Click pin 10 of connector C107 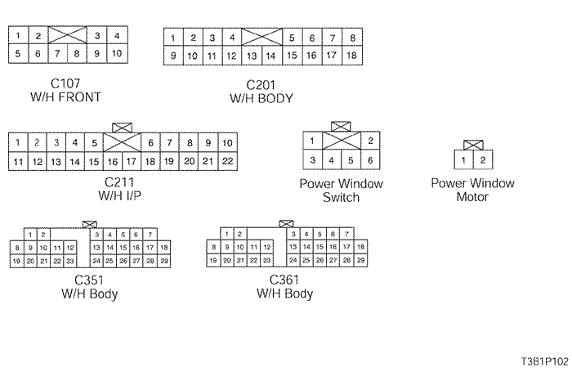point(117,54)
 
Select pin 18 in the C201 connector point(351,56)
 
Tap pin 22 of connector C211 point(228,162)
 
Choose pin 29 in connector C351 point(164,261)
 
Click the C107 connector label point(65,83)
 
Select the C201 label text point(262,85)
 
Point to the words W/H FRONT point(65,97)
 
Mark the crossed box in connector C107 point(68,36)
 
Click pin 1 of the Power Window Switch point(311,141)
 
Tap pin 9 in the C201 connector point(172,56)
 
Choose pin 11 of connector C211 point(17,162)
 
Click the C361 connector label point(284,280)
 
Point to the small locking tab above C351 point(90,223)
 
